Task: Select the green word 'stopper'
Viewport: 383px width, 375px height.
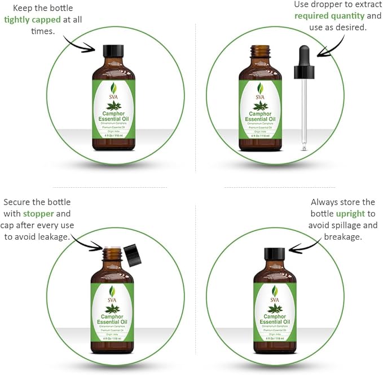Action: tap(39, 214)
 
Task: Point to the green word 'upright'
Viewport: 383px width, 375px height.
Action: tap(350, 214)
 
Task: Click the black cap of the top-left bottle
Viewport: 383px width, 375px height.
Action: tap(113, 50)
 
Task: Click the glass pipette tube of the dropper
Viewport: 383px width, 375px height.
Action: tap(304, 113)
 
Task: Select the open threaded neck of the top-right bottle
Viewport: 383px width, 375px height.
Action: tap(260, 54)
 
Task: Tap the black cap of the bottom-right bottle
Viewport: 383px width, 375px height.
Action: tap(275, 253)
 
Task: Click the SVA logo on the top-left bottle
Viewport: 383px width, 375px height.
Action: tap(113, 90)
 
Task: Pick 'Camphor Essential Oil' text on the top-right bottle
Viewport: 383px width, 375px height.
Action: tap(260, 116)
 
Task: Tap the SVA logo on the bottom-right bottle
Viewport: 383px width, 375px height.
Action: tap(275, 293)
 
